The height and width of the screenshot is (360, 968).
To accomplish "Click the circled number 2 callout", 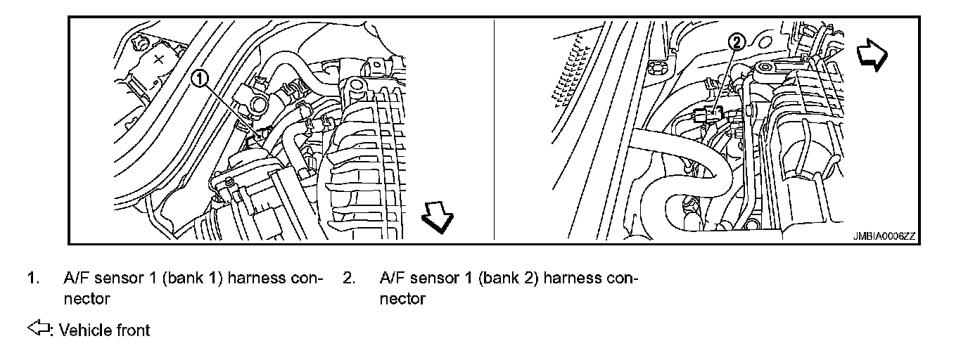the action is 736,43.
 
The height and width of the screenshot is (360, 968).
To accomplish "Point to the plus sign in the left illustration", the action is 159,58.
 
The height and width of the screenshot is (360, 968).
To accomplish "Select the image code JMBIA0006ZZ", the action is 880,237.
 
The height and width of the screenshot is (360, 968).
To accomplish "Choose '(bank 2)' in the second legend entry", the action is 500,278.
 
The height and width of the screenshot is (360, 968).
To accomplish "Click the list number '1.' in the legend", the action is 32,278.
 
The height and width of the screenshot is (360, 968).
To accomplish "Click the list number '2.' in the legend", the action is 348,278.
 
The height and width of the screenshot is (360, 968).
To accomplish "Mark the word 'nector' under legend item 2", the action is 402,299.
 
